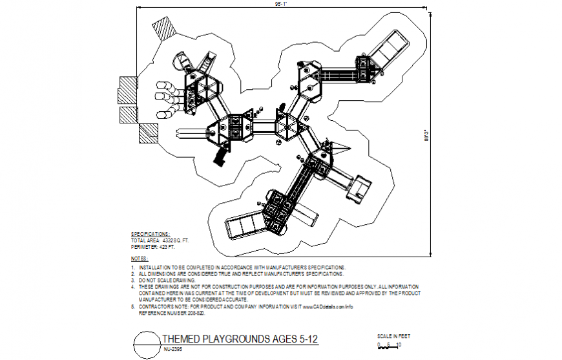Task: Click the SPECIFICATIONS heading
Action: coord(151,234)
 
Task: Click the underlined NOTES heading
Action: coord(140,259)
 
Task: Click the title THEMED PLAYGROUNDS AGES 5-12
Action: coord(239,339)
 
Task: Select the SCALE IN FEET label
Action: coord(393,336)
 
